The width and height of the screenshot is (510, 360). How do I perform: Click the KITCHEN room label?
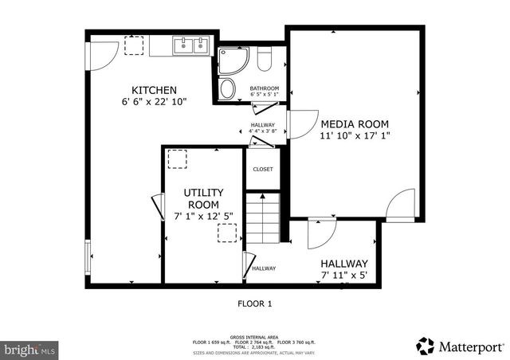155,90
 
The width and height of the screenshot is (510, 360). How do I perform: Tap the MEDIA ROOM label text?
355,124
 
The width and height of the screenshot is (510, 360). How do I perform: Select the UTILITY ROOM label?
203,198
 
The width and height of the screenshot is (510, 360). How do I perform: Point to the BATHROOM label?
264,88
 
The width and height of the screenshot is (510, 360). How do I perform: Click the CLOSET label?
263,169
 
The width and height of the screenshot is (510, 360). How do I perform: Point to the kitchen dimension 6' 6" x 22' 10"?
155,102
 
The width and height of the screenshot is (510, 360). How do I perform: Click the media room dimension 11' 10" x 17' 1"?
355,136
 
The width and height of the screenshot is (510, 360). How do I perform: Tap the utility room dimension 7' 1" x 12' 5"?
203,216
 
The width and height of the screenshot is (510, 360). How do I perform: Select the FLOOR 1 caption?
255,303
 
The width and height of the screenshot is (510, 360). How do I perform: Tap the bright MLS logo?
29,349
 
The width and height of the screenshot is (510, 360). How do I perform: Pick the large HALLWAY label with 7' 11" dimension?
344,264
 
